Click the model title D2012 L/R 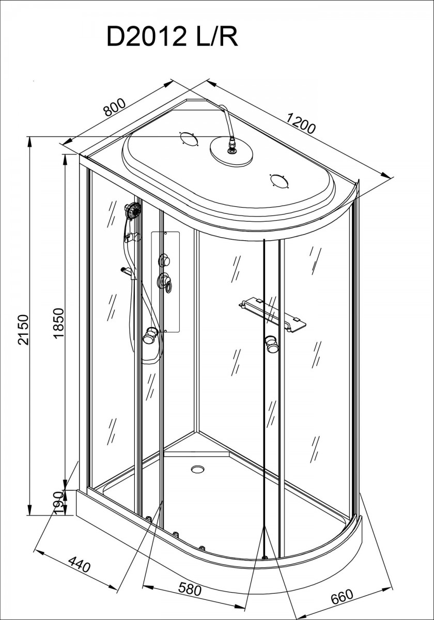(x=172, y=37)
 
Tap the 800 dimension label (x=114, y=107)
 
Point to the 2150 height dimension (x=23, y=330)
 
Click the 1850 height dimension (x=59, y=323)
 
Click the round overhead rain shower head (x=231, y=152)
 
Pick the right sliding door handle (x=272, y=344)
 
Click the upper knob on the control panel (x=164, y=261)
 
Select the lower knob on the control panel (x=165, y=281)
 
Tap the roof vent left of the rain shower (x=189, y=138)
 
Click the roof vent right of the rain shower (x=280, y=181)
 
